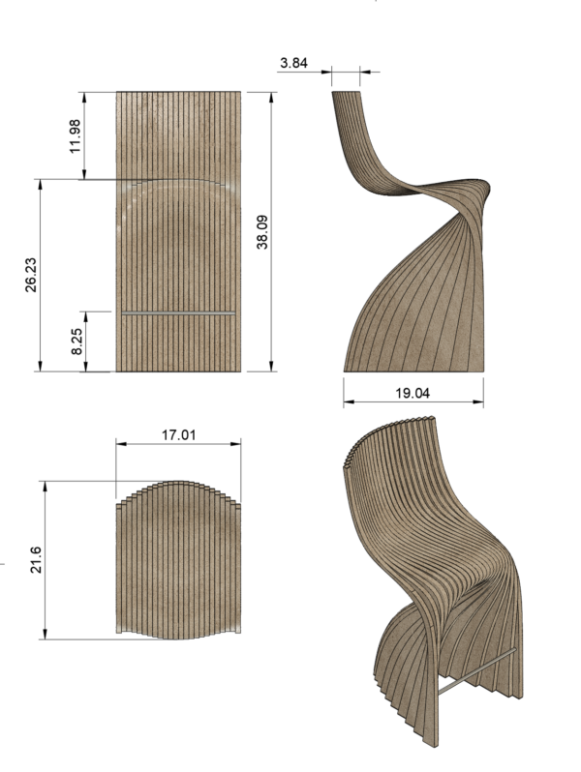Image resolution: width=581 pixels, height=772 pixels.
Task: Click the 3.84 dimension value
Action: coord(292,63)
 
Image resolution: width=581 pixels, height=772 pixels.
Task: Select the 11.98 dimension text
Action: coord(76,135)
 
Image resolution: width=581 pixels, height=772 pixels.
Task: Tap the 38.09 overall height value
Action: coord(261,232)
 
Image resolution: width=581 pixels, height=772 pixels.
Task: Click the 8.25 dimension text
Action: coord(76,341)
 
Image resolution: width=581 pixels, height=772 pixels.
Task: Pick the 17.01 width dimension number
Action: coord(178,435)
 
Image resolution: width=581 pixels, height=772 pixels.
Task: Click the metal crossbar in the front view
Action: coord(178,313)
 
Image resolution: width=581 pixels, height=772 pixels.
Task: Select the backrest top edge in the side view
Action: coord(347,92)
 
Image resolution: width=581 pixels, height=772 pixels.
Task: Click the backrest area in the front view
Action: coord(178,135)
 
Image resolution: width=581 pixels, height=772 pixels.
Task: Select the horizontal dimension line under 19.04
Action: coord(413,404)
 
